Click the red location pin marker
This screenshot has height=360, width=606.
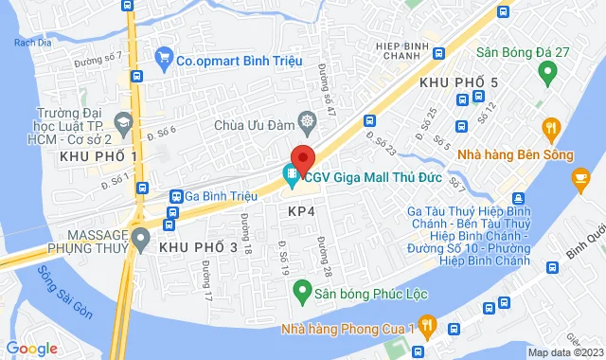[302, 159]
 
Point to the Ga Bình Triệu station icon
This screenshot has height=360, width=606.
[176, 196]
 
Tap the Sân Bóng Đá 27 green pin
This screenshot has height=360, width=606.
[546, 71]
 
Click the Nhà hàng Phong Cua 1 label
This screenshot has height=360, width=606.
[349, 329]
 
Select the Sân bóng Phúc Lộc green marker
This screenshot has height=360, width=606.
[300, 286]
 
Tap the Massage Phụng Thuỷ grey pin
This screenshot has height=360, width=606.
[141, 237]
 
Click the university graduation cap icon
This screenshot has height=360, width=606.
[122, 121]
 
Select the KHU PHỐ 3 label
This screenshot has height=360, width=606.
[198, 247]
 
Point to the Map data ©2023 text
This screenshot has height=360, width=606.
[564, 352]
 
